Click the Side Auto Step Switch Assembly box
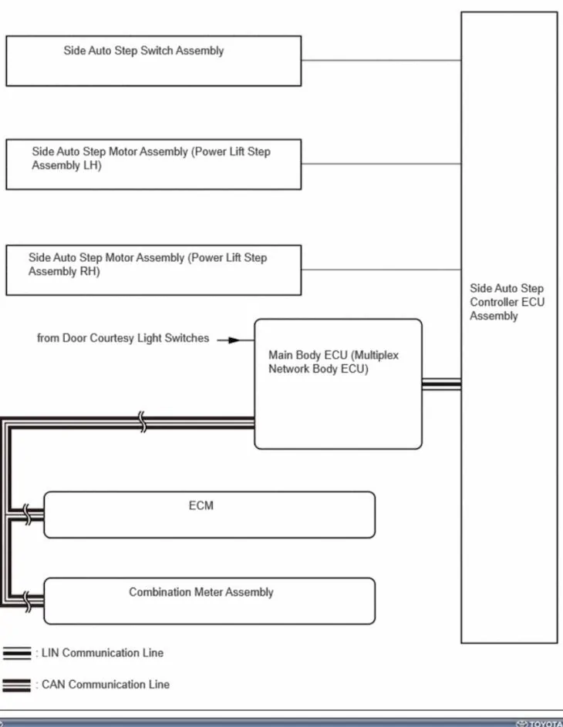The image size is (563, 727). (x=153, y=61)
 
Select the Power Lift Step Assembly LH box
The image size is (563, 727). (x=153, y=164)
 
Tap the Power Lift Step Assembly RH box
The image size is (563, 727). (x=153, y=270)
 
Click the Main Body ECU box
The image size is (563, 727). (x=338, y=384)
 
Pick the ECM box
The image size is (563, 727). (x=209, y=514)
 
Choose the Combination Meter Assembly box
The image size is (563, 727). (x=209, y=601)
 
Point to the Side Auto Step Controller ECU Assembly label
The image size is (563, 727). (x=507, y=302)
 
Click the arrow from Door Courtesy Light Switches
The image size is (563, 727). (x=234, y=339)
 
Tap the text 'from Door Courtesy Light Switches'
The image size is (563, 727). (x=123, y=338)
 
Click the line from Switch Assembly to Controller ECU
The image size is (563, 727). (x=381, y=60)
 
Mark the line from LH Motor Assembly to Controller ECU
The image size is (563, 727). (x=381, y=164)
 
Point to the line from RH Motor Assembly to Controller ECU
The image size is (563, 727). (x=381, y=270)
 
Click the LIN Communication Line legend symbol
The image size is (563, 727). (x=17, y=653)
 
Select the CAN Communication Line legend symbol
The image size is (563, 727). (x=17, y=685)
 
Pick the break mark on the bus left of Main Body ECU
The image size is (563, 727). (x=142, y=422)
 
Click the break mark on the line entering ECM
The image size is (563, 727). (x=27, y=514)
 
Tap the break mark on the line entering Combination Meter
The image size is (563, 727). (x=27, y=601)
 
